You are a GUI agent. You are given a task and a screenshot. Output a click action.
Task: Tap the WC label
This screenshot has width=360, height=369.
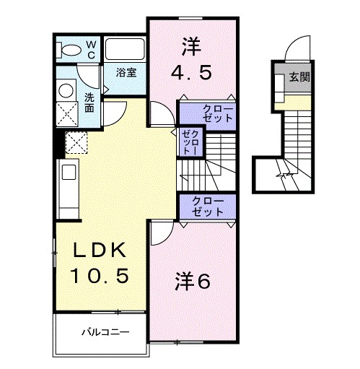(92, 48)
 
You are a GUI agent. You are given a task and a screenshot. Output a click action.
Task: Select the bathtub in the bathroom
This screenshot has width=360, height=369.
(126, 51)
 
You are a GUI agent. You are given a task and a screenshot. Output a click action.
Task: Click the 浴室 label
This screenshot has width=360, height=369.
(128, 73)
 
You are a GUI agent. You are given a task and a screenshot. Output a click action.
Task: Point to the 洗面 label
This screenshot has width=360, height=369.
(89, 103)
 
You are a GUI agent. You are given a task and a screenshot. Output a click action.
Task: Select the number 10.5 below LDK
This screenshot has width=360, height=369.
(98, 276)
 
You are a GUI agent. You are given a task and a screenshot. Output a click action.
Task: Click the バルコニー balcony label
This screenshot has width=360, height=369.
(104, 334)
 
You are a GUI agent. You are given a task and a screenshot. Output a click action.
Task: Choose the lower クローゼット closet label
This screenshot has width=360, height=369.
(208, 207)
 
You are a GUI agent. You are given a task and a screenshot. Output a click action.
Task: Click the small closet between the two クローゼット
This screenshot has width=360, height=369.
(190, 142)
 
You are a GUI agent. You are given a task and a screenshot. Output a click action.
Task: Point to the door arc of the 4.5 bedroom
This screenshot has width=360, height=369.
(159, 114)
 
